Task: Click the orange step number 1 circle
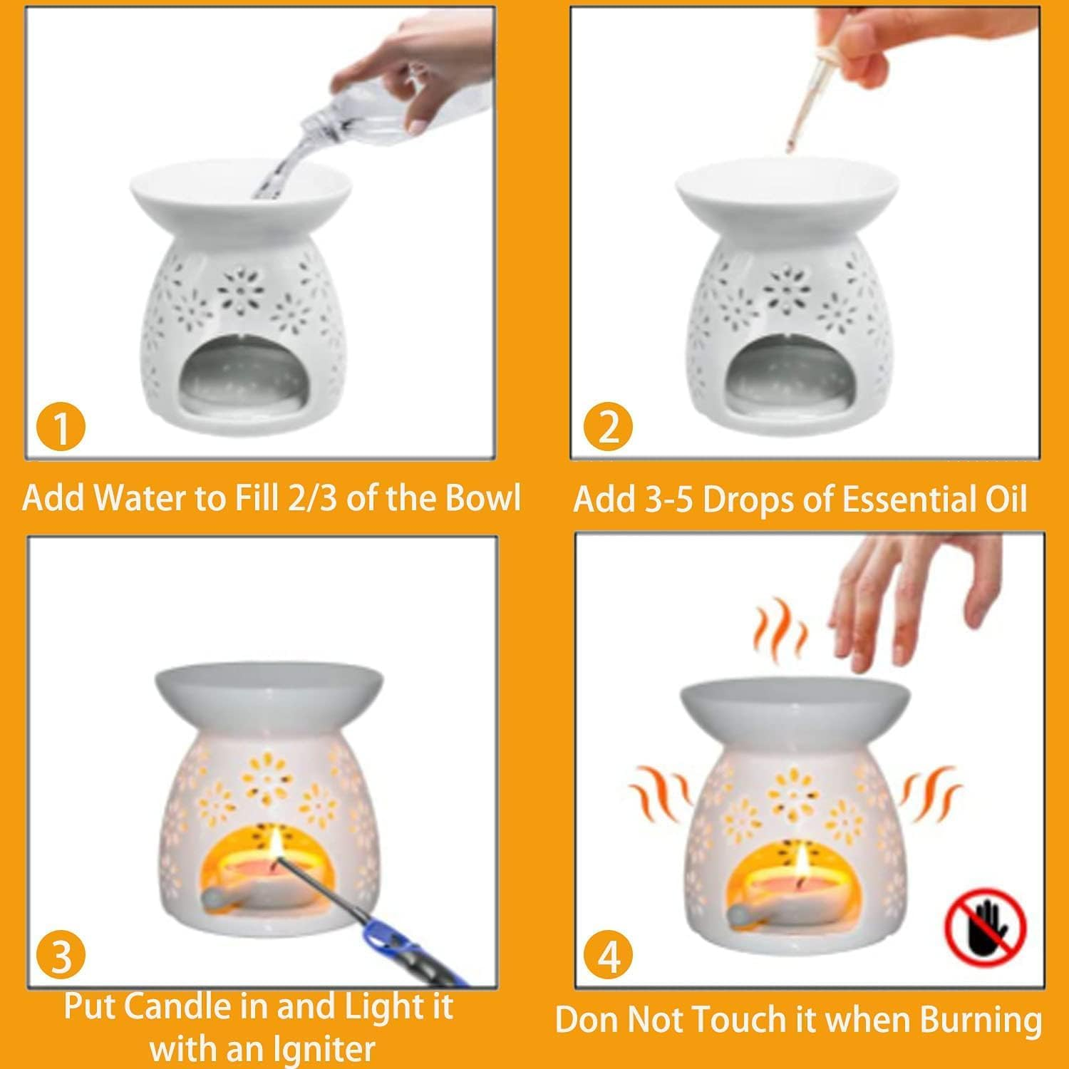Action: pyautogui.click(x=61, y=429)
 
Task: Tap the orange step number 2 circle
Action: pyautogui.click(x=608, y=429)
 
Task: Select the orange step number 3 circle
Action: pyautogui.click(x=61, y=956)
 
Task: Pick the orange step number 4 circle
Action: pyautogui.click(x=609, y=956)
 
